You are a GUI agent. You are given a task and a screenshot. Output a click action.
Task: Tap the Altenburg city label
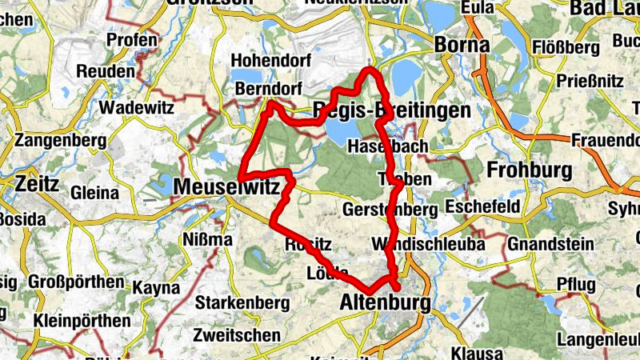coord(385,304)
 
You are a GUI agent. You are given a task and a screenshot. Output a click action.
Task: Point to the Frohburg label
coord(530,170)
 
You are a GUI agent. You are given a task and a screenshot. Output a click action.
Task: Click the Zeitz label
coord(37,184)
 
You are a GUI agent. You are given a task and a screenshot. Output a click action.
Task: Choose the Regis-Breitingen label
coord(392,111)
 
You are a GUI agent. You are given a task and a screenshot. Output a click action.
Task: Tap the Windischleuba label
coord(428,244)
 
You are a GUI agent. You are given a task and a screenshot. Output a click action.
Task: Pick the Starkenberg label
coord(242,304)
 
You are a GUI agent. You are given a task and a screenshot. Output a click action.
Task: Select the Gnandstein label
coord(550,244)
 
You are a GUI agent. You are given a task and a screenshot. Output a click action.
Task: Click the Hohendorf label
coord(263,61)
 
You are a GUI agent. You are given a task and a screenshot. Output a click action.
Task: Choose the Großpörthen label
coord(76,282)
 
